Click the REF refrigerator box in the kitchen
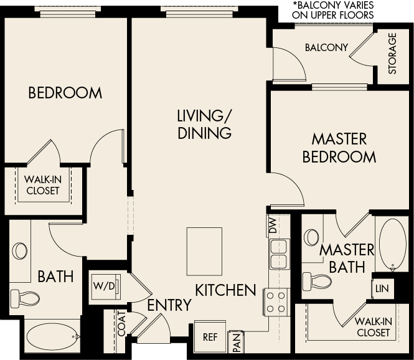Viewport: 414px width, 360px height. [x=210, y=337]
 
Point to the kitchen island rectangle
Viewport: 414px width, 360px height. [x=204, y=251]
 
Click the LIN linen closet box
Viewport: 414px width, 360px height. [x=382, y=288]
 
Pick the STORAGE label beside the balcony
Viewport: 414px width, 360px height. [x=392, y=54]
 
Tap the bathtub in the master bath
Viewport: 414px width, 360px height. [x=392, y=244]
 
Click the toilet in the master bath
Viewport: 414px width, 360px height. [x=322, y=279]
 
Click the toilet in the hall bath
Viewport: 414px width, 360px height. [x=27, y=298]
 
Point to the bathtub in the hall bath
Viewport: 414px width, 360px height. [x=54, y=337]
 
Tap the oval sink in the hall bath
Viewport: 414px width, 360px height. [x=21, y=251]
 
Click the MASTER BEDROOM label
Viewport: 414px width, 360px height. [x=339, y=148]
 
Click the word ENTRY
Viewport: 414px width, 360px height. [x=169, y=305]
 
